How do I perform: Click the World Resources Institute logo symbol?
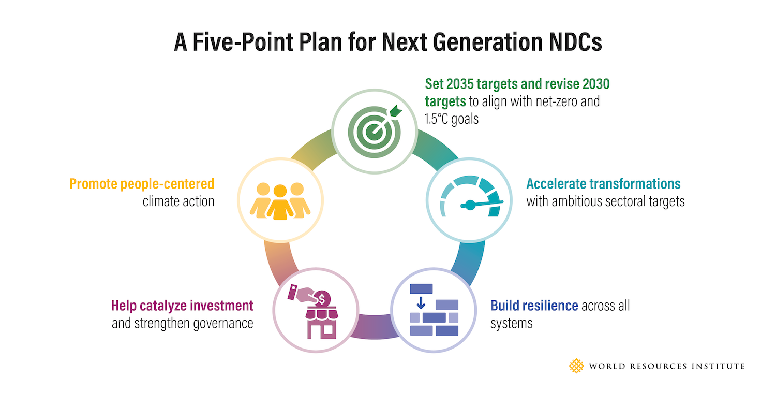(x=576, y=366)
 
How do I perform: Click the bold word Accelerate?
(x=556, y=184)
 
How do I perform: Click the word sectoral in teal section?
(x=621, y=201)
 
